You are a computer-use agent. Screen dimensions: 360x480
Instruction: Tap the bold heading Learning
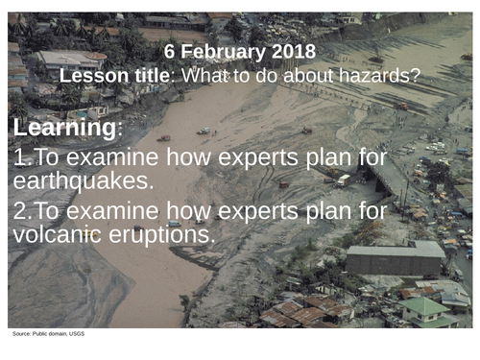coord(63,128)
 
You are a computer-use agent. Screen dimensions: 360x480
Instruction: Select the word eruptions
coord(168,233)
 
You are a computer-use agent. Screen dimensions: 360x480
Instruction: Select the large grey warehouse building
coord(395,257)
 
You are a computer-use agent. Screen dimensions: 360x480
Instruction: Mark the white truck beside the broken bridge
coord(343,180)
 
